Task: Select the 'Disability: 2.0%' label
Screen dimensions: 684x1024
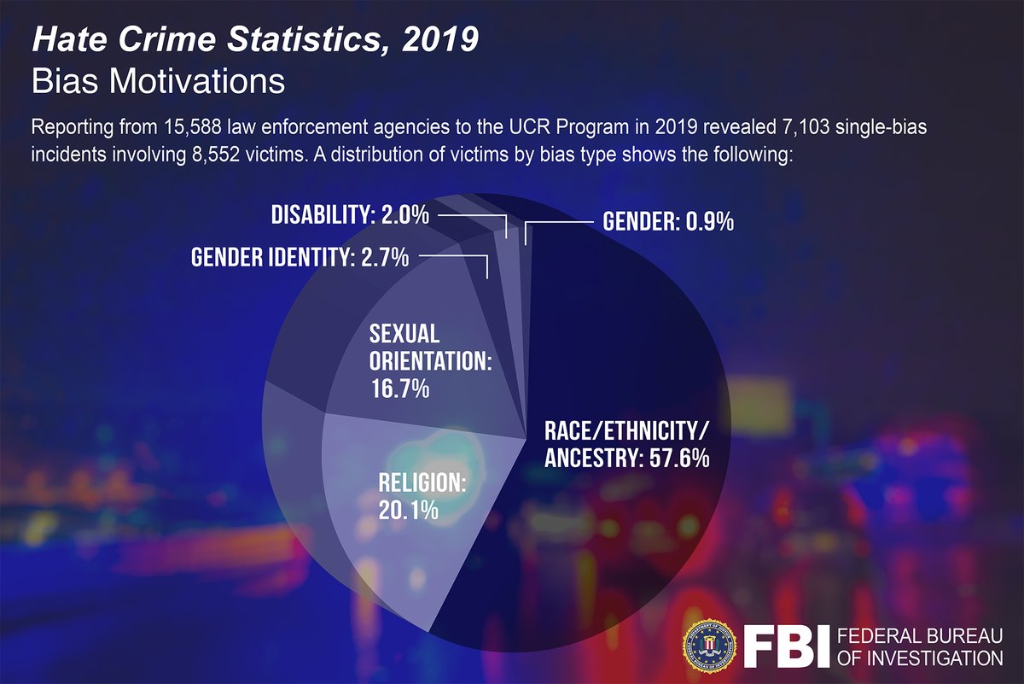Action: coord(350,215)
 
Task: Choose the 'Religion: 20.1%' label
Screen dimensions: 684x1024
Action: coord(422,496)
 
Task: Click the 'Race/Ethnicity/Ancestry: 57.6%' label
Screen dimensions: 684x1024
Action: coord(627,444)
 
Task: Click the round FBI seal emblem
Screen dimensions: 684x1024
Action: coord(708,644)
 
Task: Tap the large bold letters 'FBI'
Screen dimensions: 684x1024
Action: coord(786,646)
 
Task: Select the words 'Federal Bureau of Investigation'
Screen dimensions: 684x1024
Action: coord(920,646)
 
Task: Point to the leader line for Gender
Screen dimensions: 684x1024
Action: coord(555,223)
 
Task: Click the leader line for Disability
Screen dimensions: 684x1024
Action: coord(474,216)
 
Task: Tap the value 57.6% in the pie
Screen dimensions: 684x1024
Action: coord(675,459)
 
